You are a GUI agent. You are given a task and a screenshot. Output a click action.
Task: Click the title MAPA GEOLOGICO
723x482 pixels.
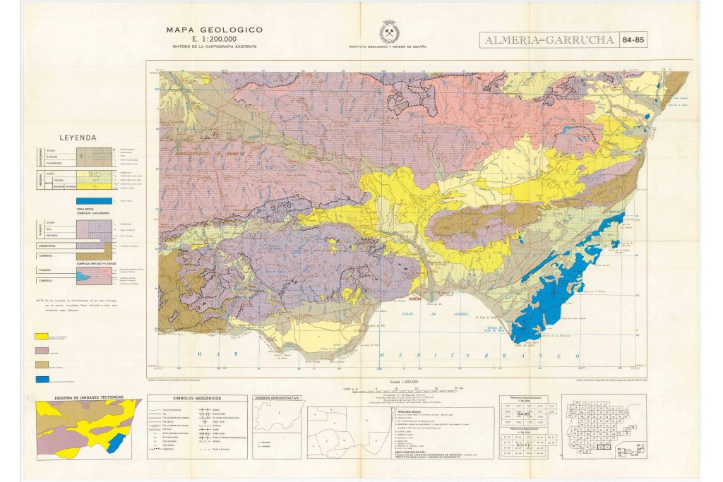coord(214,30)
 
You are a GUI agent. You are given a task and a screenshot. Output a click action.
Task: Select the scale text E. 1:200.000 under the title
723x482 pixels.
coord(214,39)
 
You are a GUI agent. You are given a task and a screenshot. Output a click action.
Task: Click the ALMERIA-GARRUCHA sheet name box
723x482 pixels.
coord(548,40)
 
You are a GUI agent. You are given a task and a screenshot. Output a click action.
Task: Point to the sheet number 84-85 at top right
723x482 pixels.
coord(633,40)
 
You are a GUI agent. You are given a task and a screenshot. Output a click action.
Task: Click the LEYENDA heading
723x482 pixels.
coord(78,138)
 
